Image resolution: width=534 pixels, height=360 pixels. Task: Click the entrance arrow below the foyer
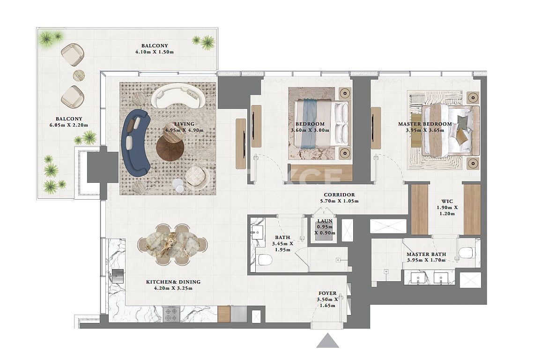(327, 341)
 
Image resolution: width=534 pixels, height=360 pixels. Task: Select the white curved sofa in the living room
(178, 96)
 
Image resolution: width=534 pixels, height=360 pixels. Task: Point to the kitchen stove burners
(171, 314)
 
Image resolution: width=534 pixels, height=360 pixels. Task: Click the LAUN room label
(325, 221)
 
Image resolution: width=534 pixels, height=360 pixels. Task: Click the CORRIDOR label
(339, 195)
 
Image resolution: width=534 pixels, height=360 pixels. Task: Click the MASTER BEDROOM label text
(425, 124)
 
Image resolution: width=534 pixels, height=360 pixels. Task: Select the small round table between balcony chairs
(79, 75)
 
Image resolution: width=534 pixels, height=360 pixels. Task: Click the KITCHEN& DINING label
(173, 282)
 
